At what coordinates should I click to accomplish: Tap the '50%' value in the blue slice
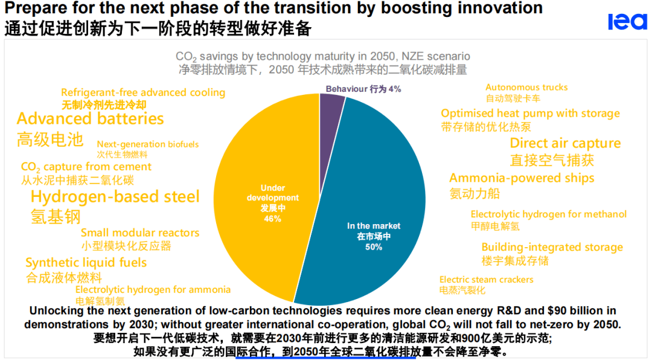[374, 247]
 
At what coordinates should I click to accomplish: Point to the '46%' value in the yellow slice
[272, 218]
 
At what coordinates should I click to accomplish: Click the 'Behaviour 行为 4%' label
[363, 89]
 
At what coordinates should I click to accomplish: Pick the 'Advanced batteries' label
[91, 118]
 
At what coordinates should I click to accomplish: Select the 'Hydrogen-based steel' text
[115, 196]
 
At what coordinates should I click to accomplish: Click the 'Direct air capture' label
[565, 143]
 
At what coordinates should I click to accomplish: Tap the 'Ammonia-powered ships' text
[522, 178]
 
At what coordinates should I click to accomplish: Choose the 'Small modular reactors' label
[140, 233]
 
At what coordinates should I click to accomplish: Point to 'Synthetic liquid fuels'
[86, 262]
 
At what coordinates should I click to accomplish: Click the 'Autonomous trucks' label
[526, 87]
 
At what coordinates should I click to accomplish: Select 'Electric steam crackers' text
[487, 279]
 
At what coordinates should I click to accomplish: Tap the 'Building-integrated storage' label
[552, 247]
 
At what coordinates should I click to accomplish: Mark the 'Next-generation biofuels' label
[148, 144]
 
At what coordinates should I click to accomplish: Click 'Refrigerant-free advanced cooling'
[143, 92]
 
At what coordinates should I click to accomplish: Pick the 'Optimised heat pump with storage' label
[530, 113]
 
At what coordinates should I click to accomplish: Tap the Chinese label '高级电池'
[50, 140]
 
